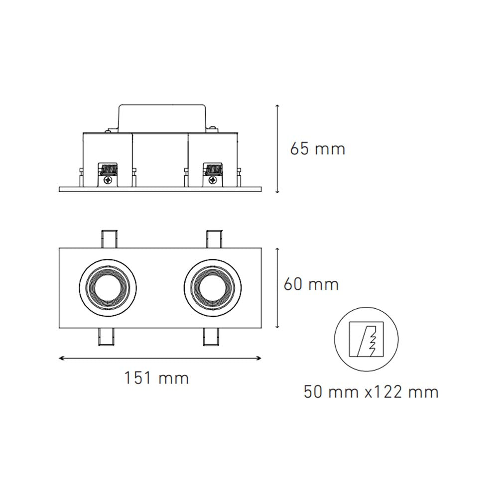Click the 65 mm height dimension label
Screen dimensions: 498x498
coord(317,148)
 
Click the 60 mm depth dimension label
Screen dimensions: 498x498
coord(311,284)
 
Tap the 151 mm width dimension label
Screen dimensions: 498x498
coord(156,378)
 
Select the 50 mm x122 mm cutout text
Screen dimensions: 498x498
coord(371,392)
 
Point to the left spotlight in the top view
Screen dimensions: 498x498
coord(108,287)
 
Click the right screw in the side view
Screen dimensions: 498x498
coord(213,181)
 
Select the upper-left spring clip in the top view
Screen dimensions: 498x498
coord(109,239)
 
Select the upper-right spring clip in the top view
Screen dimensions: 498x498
coord(213,239)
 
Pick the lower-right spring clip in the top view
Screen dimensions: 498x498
coord(213,337)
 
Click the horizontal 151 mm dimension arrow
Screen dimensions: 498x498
coord(160,358)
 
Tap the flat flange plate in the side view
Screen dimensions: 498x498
coord(160,189)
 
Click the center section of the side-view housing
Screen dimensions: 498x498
coord(160,159)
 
